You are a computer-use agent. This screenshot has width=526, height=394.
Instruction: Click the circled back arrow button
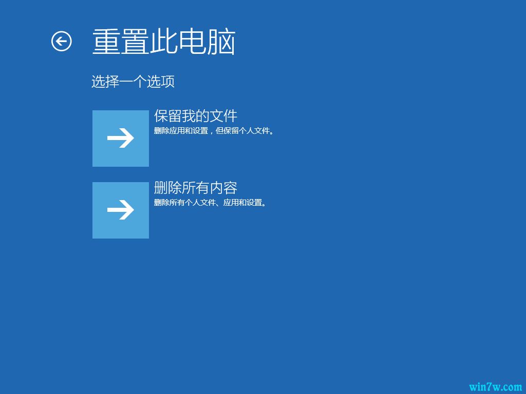click(62, 42)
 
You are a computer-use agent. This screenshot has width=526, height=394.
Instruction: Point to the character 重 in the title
click(106, 42)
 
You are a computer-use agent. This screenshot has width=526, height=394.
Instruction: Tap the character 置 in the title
click(135, 42)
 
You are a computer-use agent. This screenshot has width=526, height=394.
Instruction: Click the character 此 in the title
click(164, 42)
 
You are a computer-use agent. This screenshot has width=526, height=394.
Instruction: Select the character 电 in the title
click(193, 42)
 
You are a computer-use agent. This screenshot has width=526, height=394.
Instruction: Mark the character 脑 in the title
click(221, 42)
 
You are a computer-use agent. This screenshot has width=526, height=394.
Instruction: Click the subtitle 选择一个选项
click(133, 82)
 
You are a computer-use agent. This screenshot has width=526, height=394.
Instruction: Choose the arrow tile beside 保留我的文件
click(121, 139)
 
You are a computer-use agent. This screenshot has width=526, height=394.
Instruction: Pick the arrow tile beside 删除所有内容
click(121, 210)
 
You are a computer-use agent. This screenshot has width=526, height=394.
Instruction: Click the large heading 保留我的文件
click(196, 116)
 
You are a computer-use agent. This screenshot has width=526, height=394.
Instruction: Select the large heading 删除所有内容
click(196, 188)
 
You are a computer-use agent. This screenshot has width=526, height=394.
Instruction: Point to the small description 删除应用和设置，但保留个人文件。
click(214, 131)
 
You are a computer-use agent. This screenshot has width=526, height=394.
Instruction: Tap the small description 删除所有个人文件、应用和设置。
click(211, 203)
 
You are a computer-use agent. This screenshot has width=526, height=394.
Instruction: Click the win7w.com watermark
click(495, 386)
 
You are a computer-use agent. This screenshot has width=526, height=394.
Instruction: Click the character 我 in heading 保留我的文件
click(189, 116)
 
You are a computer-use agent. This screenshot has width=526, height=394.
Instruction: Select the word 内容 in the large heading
click(223, 188)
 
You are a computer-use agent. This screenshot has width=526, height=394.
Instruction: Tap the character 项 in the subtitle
click(168, 82)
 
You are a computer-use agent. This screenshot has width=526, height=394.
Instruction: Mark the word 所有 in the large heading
click(196, 188)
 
